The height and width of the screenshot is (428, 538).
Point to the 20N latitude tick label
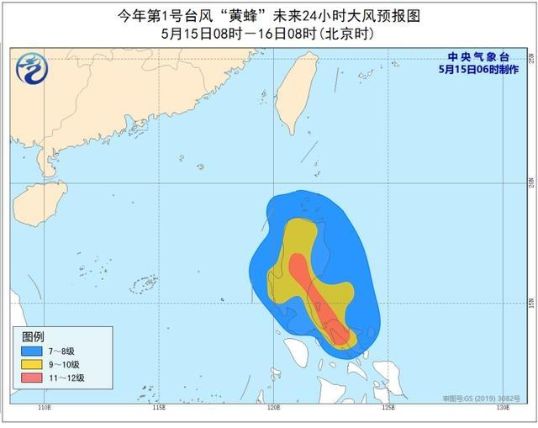530,182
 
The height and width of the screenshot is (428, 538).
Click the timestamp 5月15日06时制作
474,70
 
